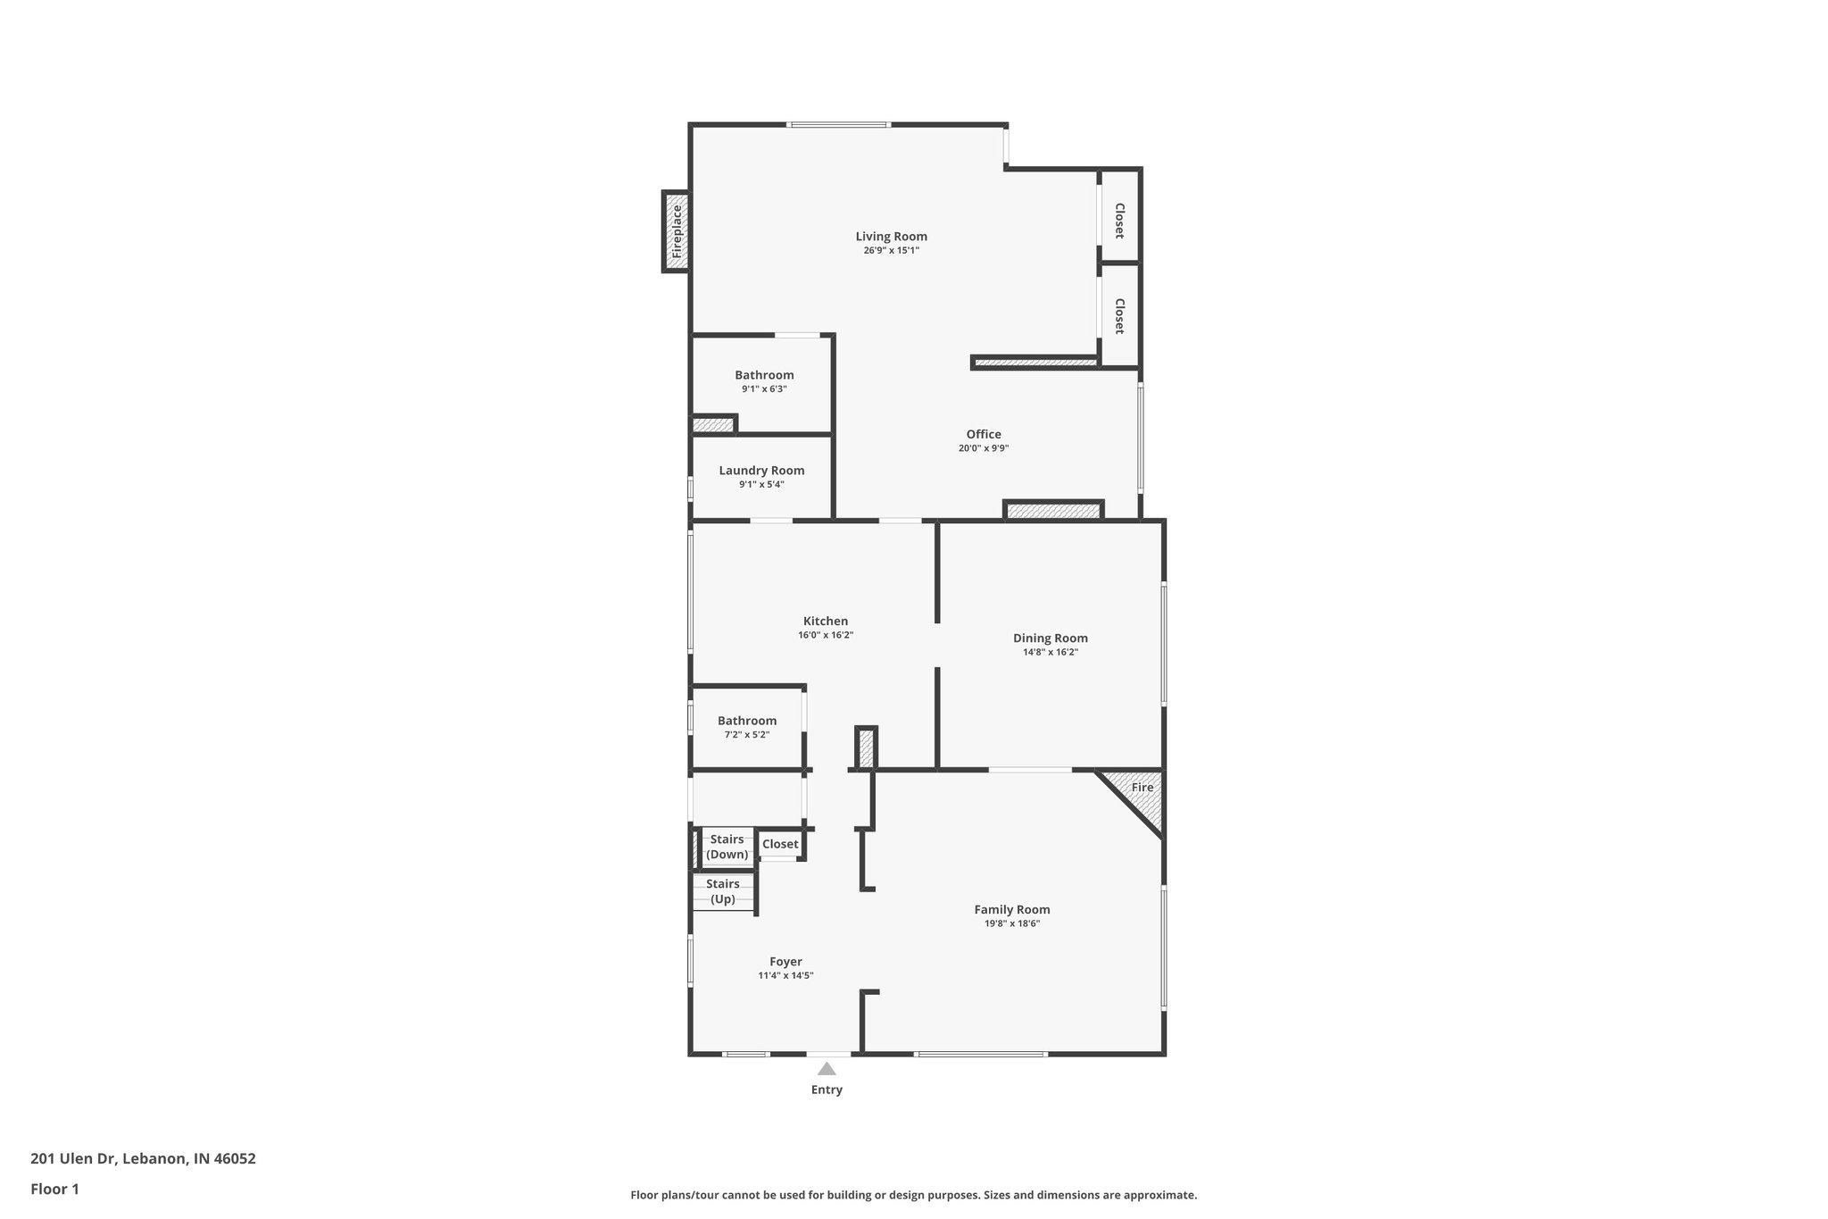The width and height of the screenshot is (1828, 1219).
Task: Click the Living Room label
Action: [x=891, y=237]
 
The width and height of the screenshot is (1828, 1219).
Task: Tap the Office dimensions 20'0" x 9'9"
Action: [x=983, y=449]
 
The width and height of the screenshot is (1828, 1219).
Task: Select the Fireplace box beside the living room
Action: [x=676, y=231]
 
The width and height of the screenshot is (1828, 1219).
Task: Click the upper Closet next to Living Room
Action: [x=1118, y=220]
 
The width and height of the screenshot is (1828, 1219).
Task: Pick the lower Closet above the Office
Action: [x=1118, y=315]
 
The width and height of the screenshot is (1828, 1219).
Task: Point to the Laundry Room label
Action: [x=761, y=471]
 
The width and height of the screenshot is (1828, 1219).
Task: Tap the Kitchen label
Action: [x=826, y=622]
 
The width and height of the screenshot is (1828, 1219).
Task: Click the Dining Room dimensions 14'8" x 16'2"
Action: [x=1050, y=653]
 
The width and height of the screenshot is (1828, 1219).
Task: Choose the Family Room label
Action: [x=1011, y=910]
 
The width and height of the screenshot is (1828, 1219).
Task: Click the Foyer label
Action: [x=785, y=962]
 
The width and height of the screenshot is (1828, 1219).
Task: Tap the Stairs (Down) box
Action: [x=727, y=847]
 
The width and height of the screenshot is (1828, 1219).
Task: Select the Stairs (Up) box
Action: [x=723, y=891]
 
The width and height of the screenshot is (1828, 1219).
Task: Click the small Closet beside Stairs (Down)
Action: [x=780, y=844]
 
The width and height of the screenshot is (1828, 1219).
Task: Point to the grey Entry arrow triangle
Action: [x=827, y=1069]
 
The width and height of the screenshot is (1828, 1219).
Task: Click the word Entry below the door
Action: [x=827, y=1090]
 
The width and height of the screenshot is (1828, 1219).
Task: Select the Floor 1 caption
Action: [x=54, y=1189]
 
